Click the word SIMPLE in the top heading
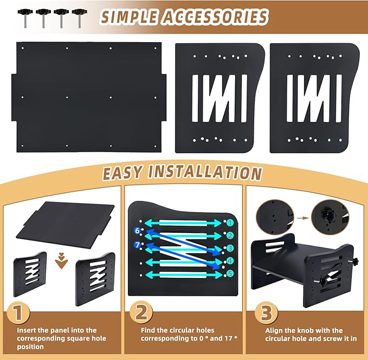(x=129, y=17)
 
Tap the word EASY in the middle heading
(x=122, y=173)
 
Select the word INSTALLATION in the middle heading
(x=205, y=173)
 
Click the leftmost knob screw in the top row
(x=25, y=18)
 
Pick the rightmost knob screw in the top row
(x=80, y=18)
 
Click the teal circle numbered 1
(x=230, y=222)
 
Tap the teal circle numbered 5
(x=230, y=273)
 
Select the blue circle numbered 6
(x=137, y=231)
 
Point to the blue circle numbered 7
(x=137, y=245)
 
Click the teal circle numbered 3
(x=230, y=248)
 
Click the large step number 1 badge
(x=18, y=313)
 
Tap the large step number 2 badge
(x=141, y=313)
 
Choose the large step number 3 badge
(x=266, y=313)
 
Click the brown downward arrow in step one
(x=61, y=260)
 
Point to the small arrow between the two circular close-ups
(x=305, y=218)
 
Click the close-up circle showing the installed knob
(x=330, y=217)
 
